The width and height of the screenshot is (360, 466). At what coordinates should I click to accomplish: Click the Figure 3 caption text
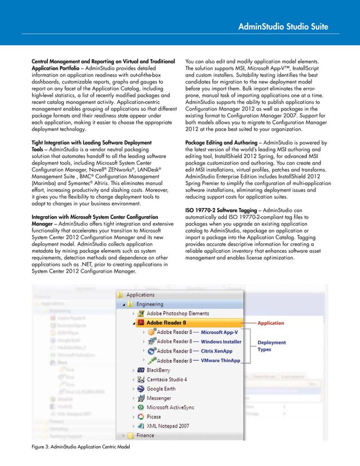80,447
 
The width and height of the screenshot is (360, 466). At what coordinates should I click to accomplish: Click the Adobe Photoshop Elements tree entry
177,313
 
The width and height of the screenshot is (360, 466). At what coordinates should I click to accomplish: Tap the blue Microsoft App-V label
219,332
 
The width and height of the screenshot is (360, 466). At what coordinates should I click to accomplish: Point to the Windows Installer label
221,341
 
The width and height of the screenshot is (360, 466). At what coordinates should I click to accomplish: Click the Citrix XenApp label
218,351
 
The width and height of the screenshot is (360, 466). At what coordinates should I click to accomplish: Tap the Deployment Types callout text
271,346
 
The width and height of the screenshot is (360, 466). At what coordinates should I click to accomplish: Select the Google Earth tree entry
161,388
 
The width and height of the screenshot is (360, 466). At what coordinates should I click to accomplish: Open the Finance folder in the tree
144,436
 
